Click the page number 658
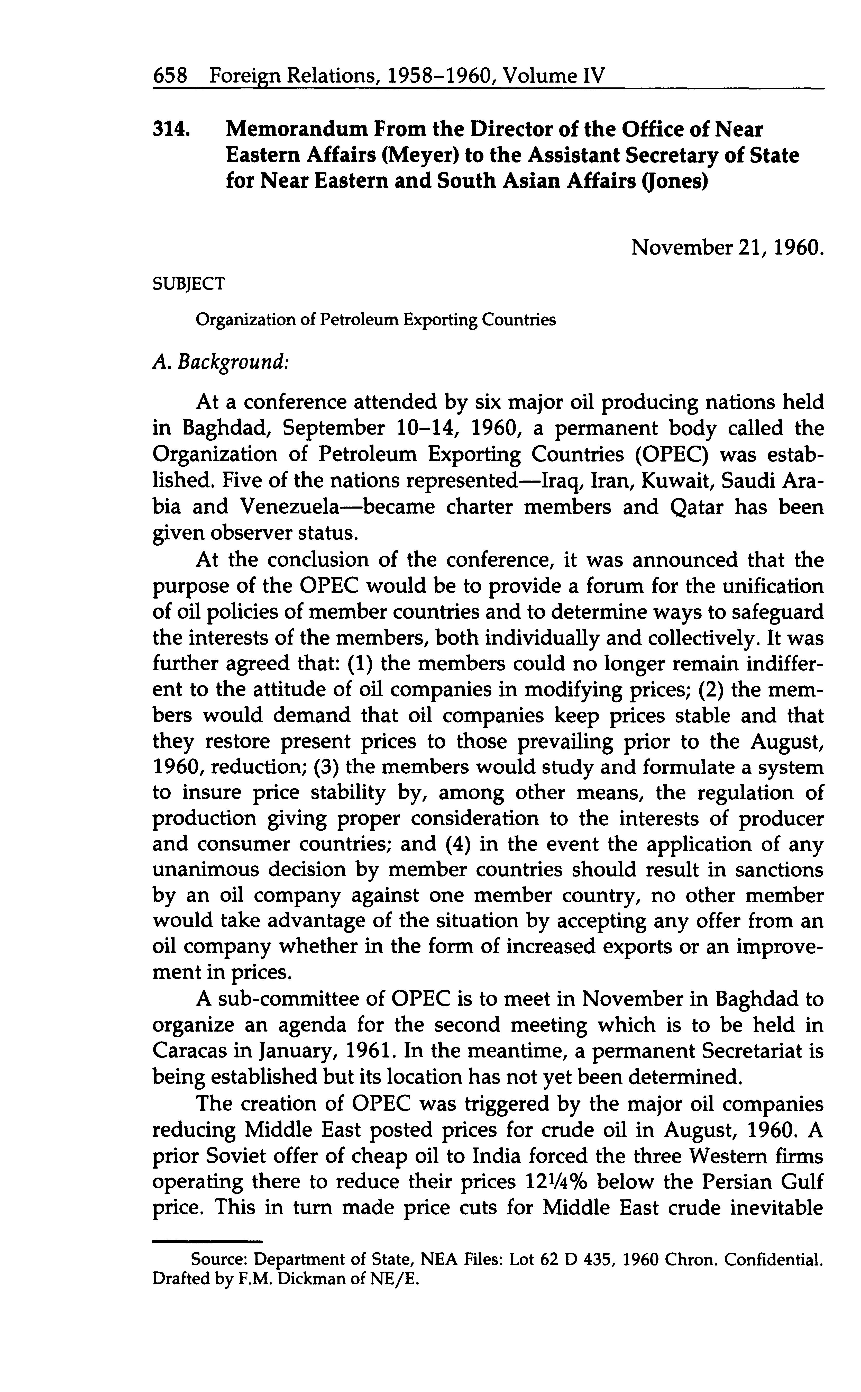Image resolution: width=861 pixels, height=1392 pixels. [170, 76]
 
